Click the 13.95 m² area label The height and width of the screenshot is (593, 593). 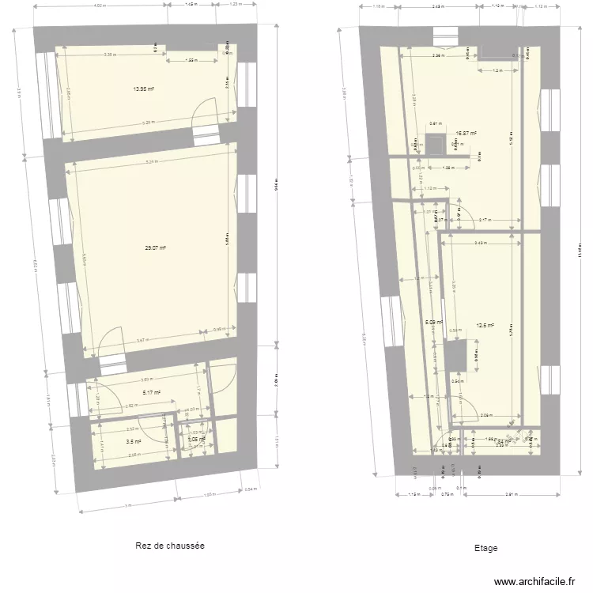tap(143, 89)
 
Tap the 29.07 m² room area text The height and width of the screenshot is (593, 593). tap(155, 248)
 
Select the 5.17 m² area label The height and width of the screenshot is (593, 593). tap(152, 392)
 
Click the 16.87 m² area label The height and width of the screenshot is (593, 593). tap(466, 134)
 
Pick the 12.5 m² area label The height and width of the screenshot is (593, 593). tap(485, 324)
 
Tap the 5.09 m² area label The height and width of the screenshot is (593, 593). tap(433, 322)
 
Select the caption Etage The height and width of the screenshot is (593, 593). tap(485, 547)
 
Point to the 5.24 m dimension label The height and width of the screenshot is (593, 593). tap(150, 162)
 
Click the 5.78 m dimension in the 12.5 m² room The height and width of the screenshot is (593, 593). tap(511, 332)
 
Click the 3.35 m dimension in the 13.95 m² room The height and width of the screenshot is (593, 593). tap(109, 55)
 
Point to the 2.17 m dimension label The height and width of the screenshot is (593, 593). tap(485, 220)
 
